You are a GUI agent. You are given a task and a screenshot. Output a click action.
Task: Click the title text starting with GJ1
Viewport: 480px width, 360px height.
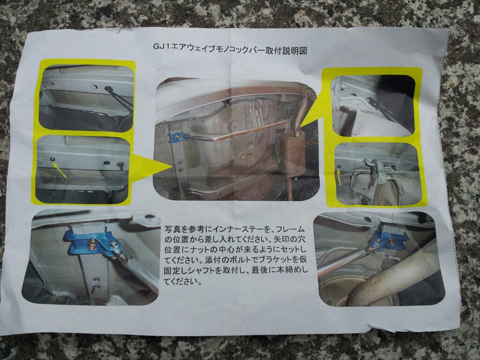click(x=230, y=49)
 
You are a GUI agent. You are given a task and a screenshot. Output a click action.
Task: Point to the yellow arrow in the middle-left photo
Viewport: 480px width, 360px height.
click(x=60, y=170)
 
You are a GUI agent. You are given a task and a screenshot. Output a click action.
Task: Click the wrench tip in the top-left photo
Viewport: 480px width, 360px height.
click(x=108, y=89)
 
